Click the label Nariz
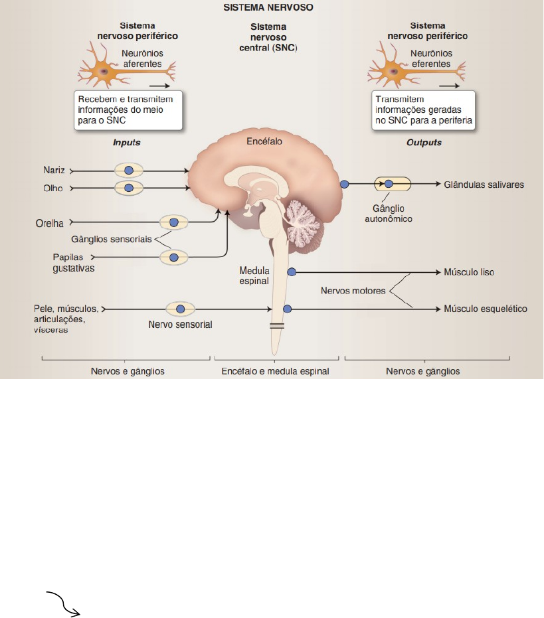[54, 171]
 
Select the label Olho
[54, 189]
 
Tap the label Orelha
[48, 223]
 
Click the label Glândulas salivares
[484, 185]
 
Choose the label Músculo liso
[469, 272]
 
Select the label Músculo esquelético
[485, 309]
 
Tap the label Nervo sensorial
[180, 325]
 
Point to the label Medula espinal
[254, 275]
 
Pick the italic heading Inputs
[127, 143]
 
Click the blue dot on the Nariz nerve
[129, 171]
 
